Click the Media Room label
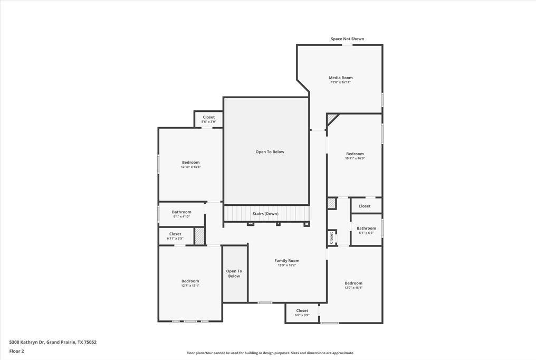click(340, 78)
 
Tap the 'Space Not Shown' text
click(347, 39)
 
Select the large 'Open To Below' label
click(270, 152)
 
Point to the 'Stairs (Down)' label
click(265, 214)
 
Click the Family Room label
click(286, 261)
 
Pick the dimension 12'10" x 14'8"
click(190, 167)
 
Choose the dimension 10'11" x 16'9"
click(355, 158)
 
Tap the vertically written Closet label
click(332, 238)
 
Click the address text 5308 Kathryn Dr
click(53, 342)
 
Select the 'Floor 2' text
click(17, 351)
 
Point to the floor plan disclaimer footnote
click(270, 353)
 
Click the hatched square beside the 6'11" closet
click(199, 236)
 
